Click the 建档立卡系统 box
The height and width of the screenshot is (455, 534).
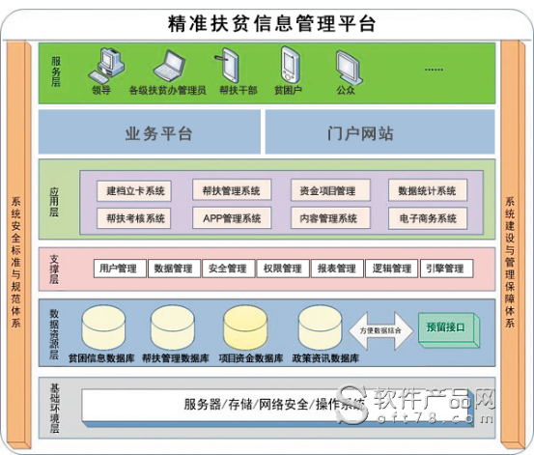pyautogui.click(x=134, y=190)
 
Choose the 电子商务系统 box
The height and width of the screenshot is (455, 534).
pyautogui.click(x=427, y=218)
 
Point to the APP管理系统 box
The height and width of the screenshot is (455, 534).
pyautogui.click(x=231, y=218)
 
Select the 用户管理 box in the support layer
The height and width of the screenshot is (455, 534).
pyautogui.click(x=118, y=269)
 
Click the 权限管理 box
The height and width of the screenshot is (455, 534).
pyautogui.click(x=282, y=269)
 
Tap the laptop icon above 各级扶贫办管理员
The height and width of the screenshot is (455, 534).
pyautogui.click(x=170, y=66)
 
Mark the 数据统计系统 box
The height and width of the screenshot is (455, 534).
pyautogui.click(x=427, y=190)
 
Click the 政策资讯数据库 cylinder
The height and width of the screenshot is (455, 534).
pyautogui.click(x=323, y=329)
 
